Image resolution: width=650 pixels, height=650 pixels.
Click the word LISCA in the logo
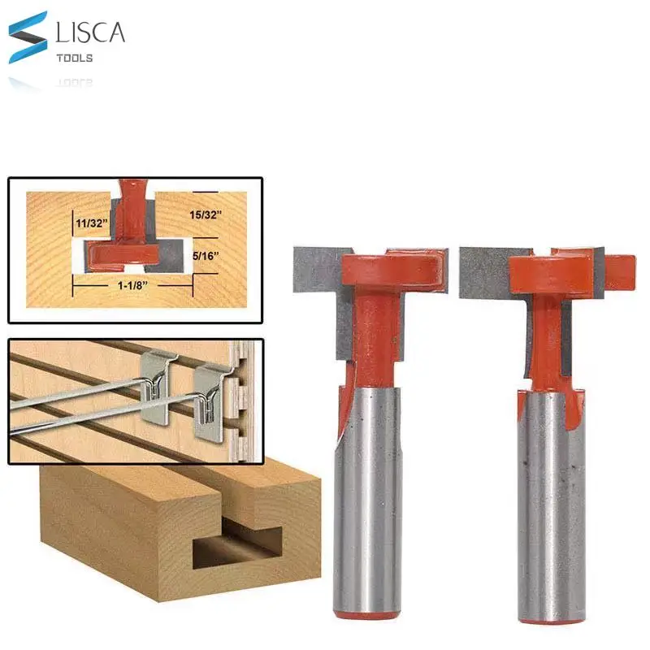(x=89, y=33)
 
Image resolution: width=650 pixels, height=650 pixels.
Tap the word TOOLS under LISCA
(x=75, y=58)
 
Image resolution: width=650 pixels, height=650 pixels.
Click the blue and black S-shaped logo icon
(x=28, y=37)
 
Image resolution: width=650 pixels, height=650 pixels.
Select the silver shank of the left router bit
(x=368, y=496)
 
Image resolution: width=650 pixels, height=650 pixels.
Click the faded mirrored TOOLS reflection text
(x=75, y=83)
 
